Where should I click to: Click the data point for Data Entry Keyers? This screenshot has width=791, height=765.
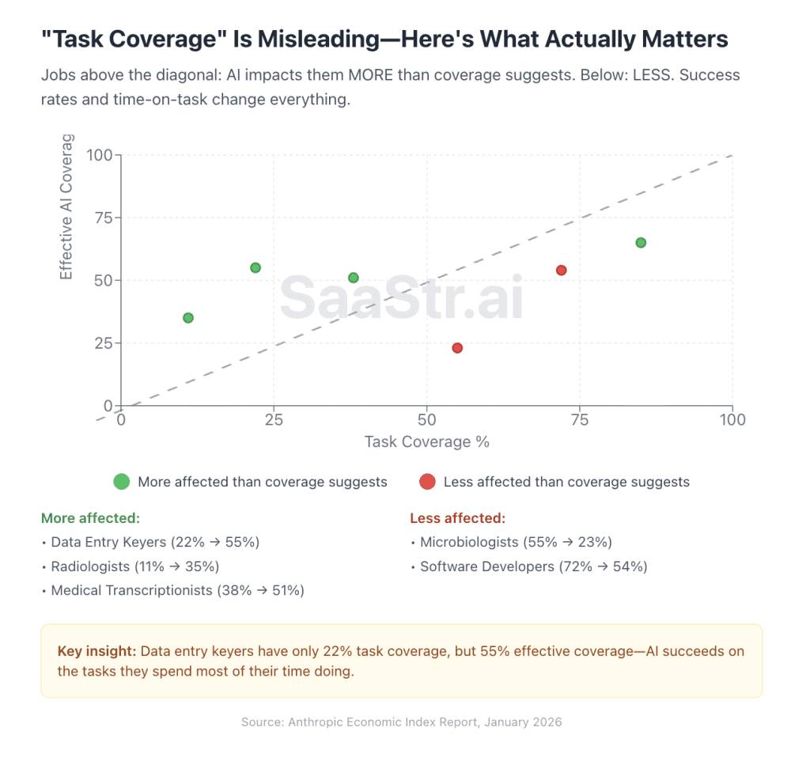(255, 267)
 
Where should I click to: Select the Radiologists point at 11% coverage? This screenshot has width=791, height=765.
(188, 318)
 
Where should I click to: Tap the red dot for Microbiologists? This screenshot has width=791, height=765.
(457, 348)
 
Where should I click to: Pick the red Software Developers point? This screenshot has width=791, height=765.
(562, 271)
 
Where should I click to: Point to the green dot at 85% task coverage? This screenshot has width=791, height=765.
(641, 242)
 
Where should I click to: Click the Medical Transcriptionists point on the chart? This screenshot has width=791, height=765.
(354, 278)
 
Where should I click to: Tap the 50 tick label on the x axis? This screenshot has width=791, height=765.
(427, 419)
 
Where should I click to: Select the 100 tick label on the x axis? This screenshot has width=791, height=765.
(732, 419)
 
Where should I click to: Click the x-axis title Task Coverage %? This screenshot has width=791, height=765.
(427, 441)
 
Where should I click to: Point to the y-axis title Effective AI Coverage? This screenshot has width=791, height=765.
(66, 207)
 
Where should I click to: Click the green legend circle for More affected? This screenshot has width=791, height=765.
(121, 482)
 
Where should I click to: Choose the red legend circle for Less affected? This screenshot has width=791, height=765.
(427, 482)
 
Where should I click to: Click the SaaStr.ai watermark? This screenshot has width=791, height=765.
(401, 298)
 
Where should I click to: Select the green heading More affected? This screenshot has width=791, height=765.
(90, 518)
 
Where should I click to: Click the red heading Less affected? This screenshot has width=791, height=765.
(457, 518)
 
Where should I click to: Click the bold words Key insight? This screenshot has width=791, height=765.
(97, 651)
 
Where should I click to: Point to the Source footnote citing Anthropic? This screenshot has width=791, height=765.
(401, 721)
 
